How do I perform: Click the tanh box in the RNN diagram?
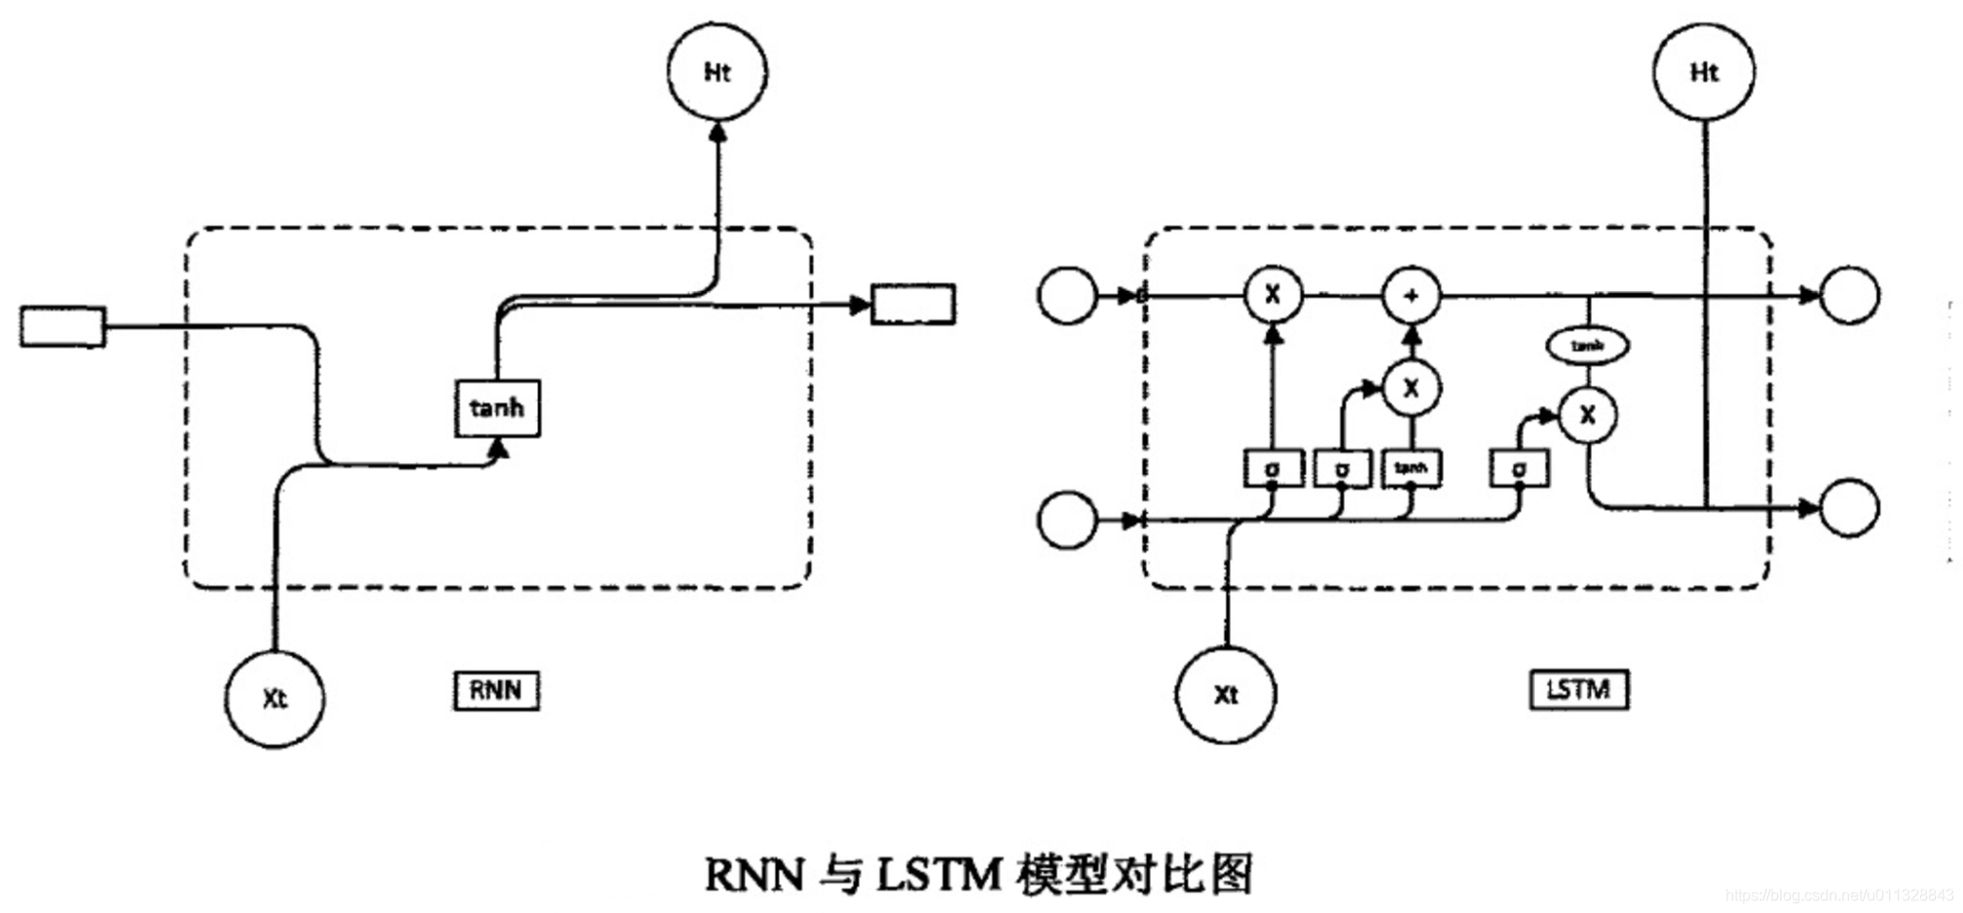pos(497,408)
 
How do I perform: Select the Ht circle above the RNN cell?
pos(718,73)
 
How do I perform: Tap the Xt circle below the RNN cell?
pos(275,698)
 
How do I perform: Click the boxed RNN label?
pos(496,690)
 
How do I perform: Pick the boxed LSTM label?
pos(1578,689)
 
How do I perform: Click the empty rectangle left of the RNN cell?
pos(62,327)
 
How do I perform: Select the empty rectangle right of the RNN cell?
pos(912,304)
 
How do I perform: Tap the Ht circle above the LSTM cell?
pos(1704,73)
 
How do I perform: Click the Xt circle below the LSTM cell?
pos(1225,694)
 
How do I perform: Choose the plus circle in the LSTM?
pos(1412,295)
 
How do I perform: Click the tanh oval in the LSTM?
pos(1588,346)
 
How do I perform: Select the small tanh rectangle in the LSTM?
pos(1412,468)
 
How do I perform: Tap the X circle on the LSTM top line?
pos(1273,295)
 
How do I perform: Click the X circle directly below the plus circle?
pos(1412,388)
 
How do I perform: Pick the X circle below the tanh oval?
pos(1588,416)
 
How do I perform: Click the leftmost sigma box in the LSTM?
pos(1273,468)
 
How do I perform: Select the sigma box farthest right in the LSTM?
pos(1519,468)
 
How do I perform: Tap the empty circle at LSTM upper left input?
pos(1067,295)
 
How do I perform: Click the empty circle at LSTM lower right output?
pos(1849,507)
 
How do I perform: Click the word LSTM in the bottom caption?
pos(939,873)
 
